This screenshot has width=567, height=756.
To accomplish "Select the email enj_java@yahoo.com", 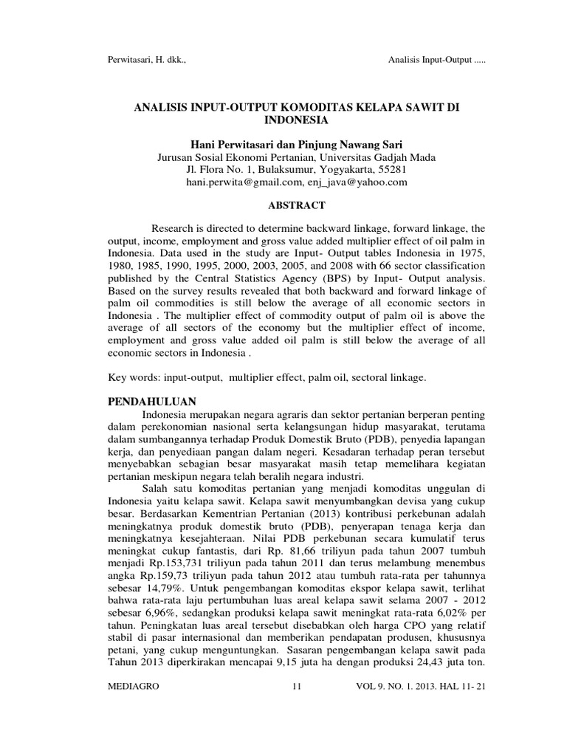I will (357, 183).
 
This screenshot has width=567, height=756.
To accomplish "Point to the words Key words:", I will (134, 377).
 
